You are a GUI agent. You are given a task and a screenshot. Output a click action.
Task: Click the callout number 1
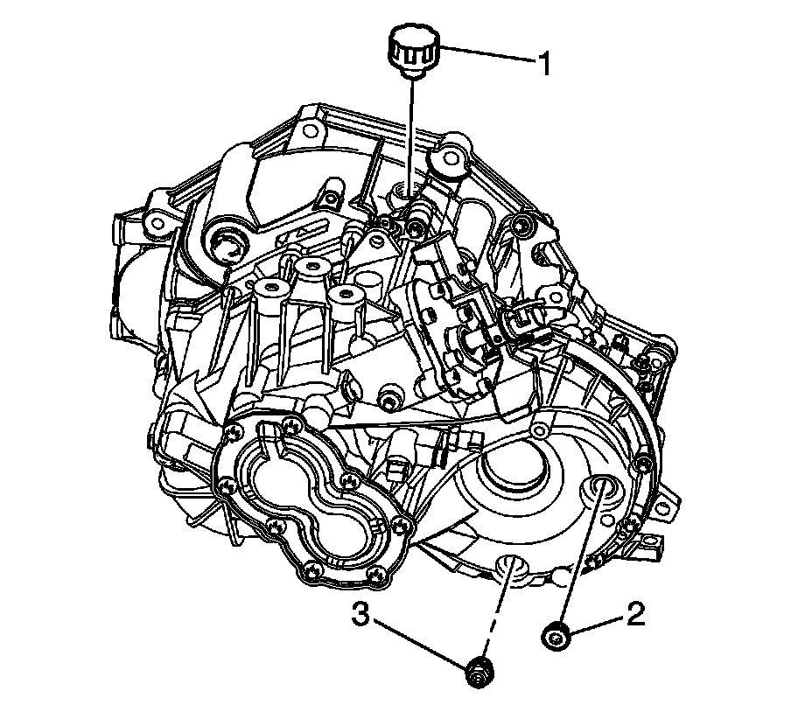coord(544,64)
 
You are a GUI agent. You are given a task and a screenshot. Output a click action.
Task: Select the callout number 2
coord(636,614)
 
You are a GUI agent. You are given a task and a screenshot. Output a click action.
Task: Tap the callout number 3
coord(362,614)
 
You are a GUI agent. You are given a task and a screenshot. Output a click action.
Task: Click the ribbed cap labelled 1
coord(413,54)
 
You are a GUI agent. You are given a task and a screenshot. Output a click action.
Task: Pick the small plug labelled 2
coord(556,635)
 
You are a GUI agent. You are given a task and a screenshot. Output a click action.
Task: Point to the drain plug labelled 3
coord(479,674)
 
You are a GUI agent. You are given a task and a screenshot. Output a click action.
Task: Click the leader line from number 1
coord(486,54)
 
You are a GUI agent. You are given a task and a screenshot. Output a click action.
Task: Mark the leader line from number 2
coord(597,623)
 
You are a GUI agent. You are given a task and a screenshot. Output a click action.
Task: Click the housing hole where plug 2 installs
coord(602,489)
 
